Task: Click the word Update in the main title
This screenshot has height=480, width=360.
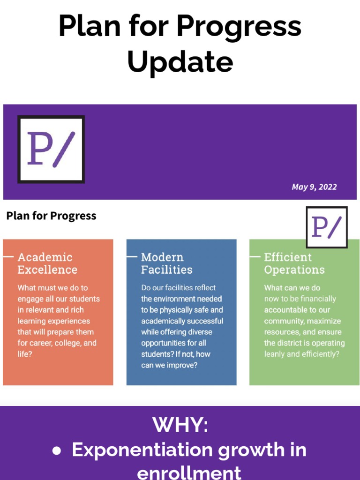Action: click(x=180, y=61)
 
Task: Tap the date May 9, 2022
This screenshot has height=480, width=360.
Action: click(x=314, y=187)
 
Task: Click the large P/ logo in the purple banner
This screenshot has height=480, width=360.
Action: click(x=51, y=149)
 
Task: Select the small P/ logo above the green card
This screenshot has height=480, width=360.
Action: click(x=327, y=227)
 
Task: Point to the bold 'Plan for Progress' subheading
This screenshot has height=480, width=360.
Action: click(x=51, y=216)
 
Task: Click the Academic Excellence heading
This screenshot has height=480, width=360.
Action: click(x=47, y=263)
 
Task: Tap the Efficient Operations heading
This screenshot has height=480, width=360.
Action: click(x=294, y=263)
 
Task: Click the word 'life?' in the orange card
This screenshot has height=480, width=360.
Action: click(x=25, y=354)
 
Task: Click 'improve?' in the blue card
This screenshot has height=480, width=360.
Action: click(x=181, y=365)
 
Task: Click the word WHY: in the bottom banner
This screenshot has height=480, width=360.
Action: click(x=180, y=425)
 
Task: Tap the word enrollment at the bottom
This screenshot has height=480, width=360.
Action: click(x=189, y=472)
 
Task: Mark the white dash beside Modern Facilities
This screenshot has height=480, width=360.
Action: click(x=132, y=257)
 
